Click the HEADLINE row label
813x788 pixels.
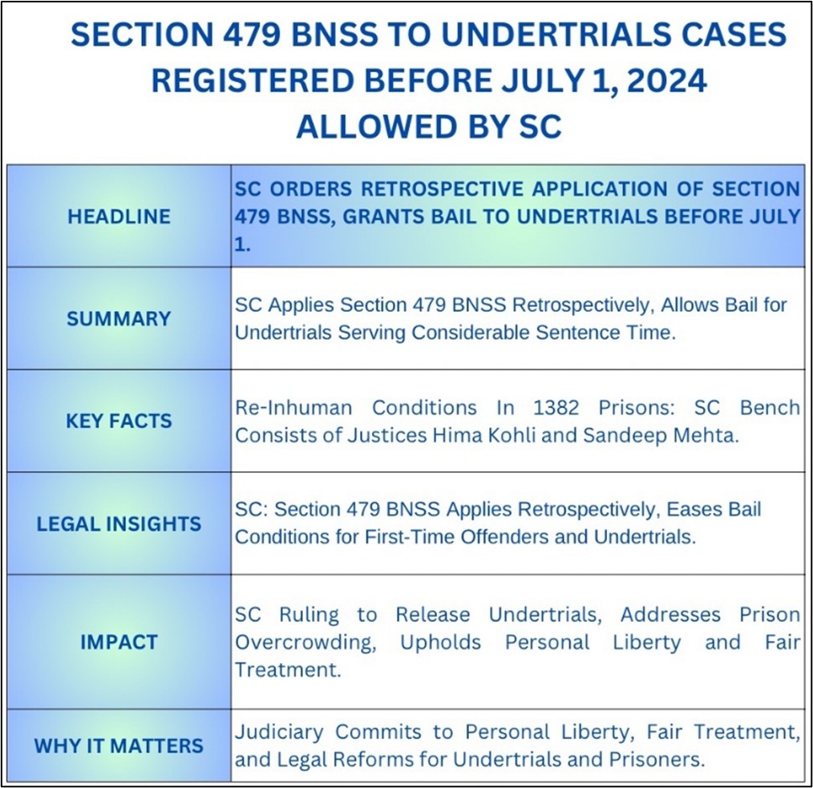click(119, 216)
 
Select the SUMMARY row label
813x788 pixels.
click(119, 319)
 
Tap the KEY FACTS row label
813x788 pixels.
click(119, 421)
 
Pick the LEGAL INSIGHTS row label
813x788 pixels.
click(119, 523)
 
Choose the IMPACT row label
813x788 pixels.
click(119, 642)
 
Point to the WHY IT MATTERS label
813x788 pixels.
click(119, 746)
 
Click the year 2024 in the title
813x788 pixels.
click(666, 80)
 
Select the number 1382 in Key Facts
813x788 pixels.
click(556, 407)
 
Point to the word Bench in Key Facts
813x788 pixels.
click(770, 407)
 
